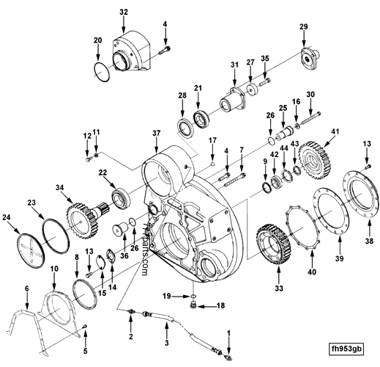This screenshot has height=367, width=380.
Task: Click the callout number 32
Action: (x=123, y=12)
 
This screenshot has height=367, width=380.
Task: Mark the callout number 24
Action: (x=8, y=217)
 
